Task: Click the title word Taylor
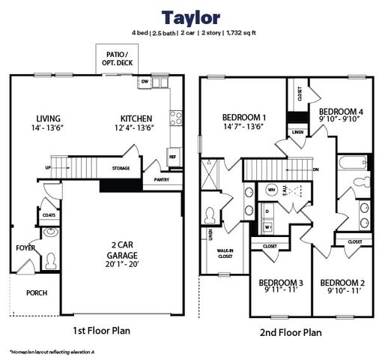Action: [x=194, y=16]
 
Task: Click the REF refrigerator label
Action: [x=172, y=157]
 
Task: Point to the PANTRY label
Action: [x=161, y=179]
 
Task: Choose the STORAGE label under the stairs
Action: [x=121, y=168]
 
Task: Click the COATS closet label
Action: [x=49, y=215]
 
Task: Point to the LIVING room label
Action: [x=49, y=118]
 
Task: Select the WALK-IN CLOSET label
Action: [x=225, y=253]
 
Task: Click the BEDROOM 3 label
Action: [x=281, y=283]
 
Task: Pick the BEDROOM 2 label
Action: [x=342, y=283]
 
